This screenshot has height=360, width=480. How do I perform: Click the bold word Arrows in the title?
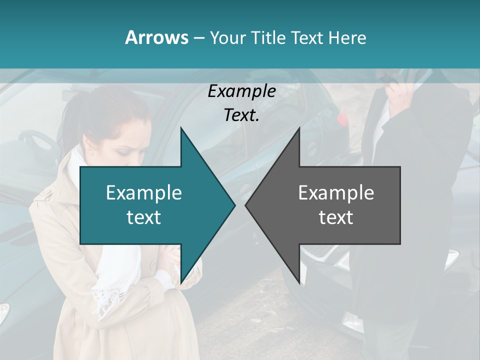[156, 37]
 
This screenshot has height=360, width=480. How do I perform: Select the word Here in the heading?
[347, 37]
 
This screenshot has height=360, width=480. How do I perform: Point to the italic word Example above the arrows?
[241, 91]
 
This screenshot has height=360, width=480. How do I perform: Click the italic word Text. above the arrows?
[241, 115]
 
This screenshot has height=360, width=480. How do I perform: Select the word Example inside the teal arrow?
[144, 192]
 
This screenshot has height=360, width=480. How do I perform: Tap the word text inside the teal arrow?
[144, 217]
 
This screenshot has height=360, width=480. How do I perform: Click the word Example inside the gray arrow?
[336, 192]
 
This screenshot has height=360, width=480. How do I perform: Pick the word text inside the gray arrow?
[336, 217]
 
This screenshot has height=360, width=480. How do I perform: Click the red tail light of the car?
[342, 118]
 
